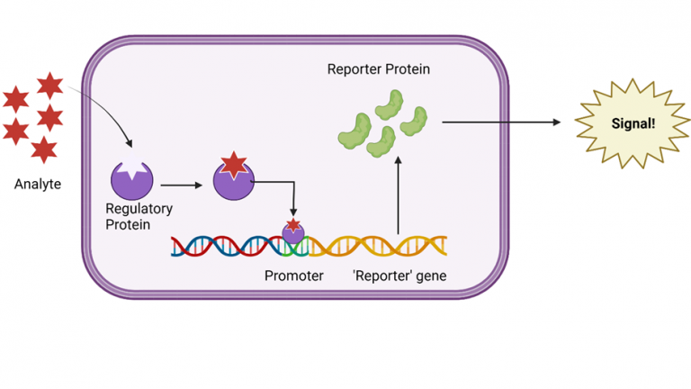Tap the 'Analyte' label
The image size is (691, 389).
pyautogui.click(x=38, y=185)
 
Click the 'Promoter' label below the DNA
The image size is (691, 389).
pyautogui.click(x=293, y=276)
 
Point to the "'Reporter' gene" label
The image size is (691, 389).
pyautogui.click(x=399, y=276)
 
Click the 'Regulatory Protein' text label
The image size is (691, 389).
pyautogui.click(x=139, y=216)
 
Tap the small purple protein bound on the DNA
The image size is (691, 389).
pyautogui.click(x=293, y=234)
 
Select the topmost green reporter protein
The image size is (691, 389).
pyautogui.click(x=395, y=102)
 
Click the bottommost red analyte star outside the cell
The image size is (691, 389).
pyautogui.click(x=43, y=149)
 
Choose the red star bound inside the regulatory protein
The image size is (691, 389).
pyautogui.click(x=234, y=166)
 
